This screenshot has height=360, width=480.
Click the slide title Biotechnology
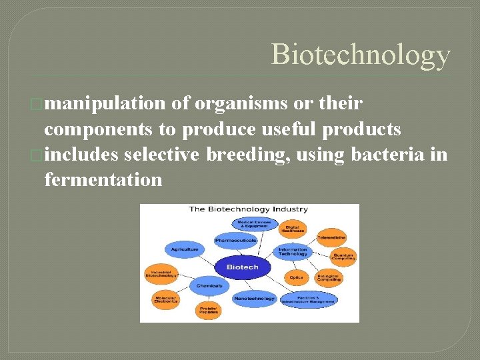[361, 55]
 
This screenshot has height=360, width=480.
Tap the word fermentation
[103, 179]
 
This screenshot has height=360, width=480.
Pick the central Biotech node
[242, 267]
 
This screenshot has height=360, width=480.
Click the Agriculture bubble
[185, 249]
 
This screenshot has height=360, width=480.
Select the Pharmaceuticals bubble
[235, 240]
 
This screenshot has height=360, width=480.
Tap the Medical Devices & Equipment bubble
[249, 224]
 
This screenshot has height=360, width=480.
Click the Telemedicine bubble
[331, 237]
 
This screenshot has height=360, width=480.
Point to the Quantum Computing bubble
[343, 255]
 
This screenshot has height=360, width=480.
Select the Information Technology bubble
[293, 252]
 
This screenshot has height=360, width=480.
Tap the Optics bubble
[296, 277]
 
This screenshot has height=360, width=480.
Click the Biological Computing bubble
[327, 277]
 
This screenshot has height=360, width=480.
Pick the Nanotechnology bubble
[254, 298]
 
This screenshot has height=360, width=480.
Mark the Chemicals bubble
[209, 285]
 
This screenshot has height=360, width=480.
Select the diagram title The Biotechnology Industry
[248, 209]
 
